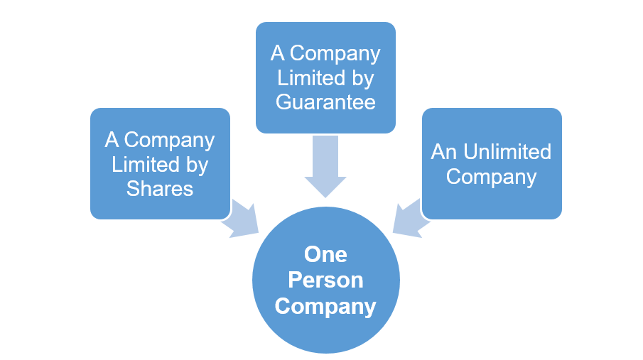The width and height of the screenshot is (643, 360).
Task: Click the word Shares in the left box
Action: pyautogui.click(x=160, y=188)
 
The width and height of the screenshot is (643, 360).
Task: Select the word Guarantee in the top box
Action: pyautogui.click(x=325, y=102)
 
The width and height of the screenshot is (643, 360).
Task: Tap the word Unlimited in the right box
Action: pyautogui.click(x=507, y=152)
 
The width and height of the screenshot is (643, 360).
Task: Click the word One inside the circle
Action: pyautogui.click(x=325, y=254)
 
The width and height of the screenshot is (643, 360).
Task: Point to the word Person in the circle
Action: pyautogui.click(x=325, y=280)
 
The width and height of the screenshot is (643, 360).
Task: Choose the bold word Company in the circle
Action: pyautogui.click(x=325, y=306)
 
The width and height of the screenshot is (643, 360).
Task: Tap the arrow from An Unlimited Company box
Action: pyautogui.click(x=411, y=218)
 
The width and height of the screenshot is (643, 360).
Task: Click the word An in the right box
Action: pyautogui.click(x=445, y=152)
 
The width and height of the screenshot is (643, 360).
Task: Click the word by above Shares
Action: pyautogui.click(x=196, y=165)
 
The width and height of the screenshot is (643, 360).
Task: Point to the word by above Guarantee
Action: pyautogui.click(x=362, y=78)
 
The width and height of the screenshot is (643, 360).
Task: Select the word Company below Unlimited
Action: pyautogui.click(x=491, y=176)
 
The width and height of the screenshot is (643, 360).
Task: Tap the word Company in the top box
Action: pyautogui.click(x=335, y=54)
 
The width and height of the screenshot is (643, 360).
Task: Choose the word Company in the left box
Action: pyautogui.click(x=169, y=141)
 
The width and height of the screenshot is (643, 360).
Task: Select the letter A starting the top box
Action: pyautogui.click(x=277, y=54)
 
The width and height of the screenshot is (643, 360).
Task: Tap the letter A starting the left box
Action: pyautogui.click(x=112, y=141)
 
